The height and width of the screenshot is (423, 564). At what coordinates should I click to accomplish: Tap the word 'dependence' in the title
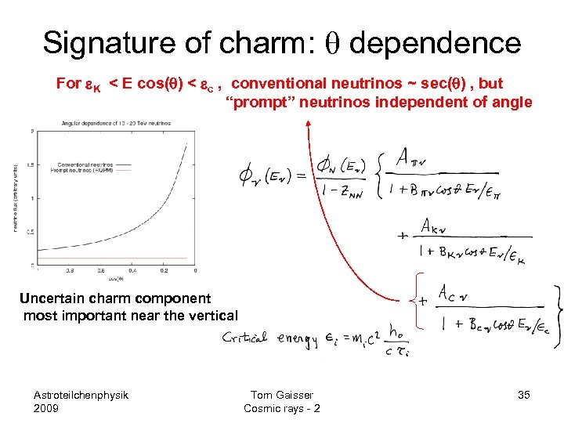pyautogui.click(x=435, y=42)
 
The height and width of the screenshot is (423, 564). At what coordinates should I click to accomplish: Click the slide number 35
pyautogui.click(x=523, y=395)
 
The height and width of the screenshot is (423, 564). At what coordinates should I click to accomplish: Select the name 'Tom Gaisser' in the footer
pyautogui.click(x=281, y=395)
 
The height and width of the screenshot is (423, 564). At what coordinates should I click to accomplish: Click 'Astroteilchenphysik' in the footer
pyautogui.click(x=81, y=394)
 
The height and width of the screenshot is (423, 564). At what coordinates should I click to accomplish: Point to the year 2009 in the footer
pyautogui.click(x=47, y=408)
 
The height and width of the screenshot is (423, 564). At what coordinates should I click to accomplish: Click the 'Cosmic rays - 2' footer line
pyautogui.click(x=281, y=408)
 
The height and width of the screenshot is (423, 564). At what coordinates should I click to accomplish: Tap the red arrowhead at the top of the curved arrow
pyautogui.click(x=309, y=121)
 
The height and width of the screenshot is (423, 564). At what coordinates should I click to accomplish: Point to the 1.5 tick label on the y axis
pyautogui.click(x=30, y=164)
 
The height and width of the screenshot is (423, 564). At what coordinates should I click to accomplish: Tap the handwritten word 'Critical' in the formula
pyautogui.click(x=247, y=338)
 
